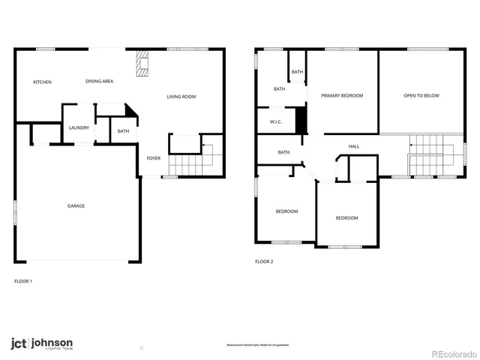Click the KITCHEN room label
(42, 82)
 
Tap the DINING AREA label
(99, 82)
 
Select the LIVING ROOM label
(181, 97)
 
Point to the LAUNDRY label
(79, 127)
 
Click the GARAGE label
(76, 205)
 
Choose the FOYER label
(153, 158)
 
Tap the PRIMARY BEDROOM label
(342, 96)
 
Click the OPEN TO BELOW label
(421, 96)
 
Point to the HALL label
(354, 146)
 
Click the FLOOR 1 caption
(23, 281)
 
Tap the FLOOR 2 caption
(264, 262)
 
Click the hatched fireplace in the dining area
(142, 64)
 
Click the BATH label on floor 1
(123, 132)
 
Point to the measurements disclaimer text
(257, 345)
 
